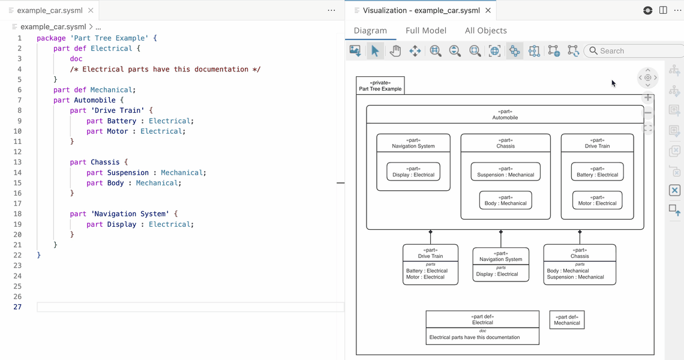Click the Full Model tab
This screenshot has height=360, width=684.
pyautogui.click(x=425, y=31)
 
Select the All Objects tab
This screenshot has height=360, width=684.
pyautogui.click(x=485, y=31)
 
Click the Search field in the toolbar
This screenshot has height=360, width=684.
pyautogui.click(x=636, y=51)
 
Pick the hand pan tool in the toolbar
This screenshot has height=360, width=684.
pyautogui.click(x=395, y=51)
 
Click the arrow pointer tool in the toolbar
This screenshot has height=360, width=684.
pyautogui.click(x=375, y=51)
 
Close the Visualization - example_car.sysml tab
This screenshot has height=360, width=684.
pyautogui.click(x=488, y=10)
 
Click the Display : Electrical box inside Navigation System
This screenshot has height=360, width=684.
pyautogui.click(x=413, y=172)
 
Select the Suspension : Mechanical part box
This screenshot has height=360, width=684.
pyautogui.click(x=505, y=172)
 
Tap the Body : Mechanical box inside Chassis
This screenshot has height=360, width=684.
pyautogui.click(x=505, y=200)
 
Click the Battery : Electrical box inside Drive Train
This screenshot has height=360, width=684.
pyautogui.click(x=597, y=172)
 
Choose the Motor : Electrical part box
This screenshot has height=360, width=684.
pyautogui.click(x=597, y=200)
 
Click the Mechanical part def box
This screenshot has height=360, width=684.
pyautogui.click(x=566, y=320)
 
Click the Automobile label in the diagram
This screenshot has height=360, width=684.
pyautogui.click(x=505, y=118)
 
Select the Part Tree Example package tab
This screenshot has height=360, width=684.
pyautogui.click(x=380, y=86)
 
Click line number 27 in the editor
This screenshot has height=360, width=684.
pyautogui.click(x=17, y=307)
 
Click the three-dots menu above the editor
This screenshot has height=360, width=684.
pyautogui.click(x=331, y=10)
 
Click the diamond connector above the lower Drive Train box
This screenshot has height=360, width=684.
pyautogui.click(x=430, y=232)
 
